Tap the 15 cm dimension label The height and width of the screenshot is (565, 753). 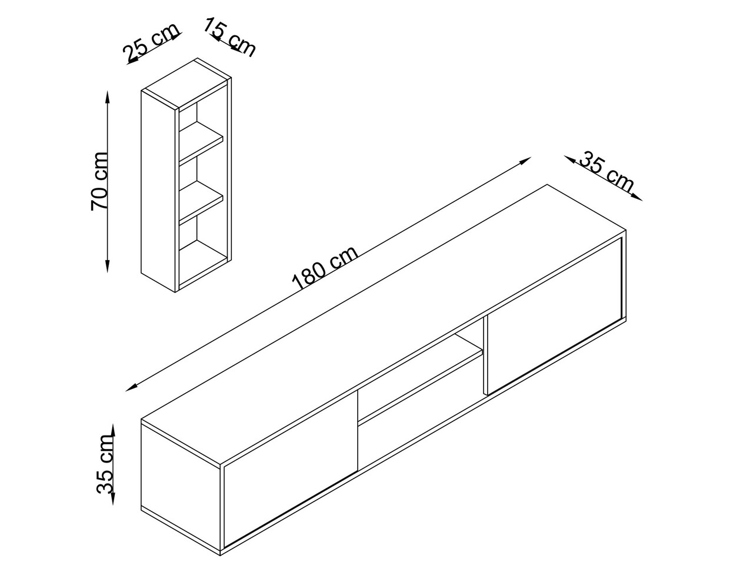(229, 38)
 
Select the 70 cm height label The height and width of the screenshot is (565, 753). (99, 181)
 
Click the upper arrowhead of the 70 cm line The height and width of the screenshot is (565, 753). (108, 97)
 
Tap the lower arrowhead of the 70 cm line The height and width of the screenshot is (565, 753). (108, 266)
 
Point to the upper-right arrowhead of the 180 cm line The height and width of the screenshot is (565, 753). (525, 161)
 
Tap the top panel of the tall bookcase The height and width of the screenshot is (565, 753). (186, 84)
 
